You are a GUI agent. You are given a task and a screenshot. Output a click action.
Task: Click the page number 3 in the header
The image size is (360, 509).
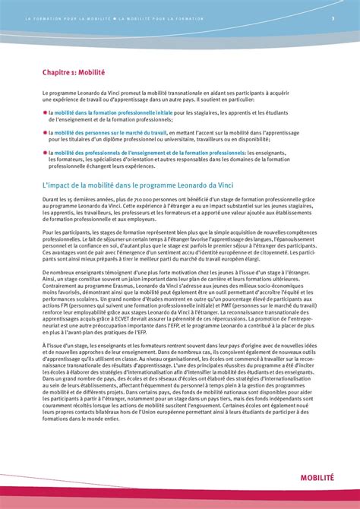(333, 19)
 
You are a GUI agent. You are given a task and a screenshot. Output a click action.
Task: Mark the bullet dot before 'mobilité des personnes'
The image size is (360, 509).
(45, 132)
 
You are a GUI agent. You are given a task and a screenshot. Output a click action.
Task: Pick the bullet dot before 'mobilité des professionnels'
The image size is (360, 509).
(45, 152)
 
